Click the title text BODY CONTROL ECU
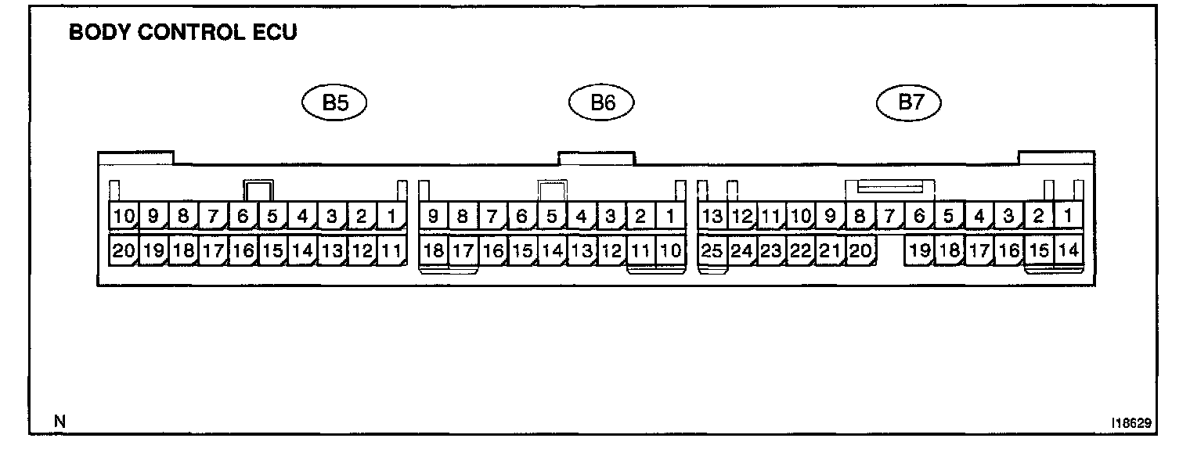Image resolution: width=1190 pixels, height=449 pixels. (x=182, y=34)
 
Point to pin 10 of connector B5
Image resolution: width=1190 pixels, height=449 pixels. (x=123, y=216)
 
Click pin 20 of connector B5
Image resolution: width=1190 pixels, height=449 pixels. (x=123, y=251)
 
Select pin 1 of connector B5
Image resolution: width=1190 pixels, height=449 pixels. (x=391, y=216)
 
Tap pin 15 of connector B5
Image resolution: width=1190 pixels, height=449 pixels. (x=272, y=251)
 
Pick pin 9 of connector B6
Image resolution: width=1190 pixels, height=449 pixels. (x=433, y=216)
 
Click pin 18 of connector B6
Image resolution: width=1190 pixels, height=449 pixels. (x=433, y=251)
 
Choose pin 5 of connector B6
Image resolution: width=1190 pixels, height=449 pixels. (x=552, y=216)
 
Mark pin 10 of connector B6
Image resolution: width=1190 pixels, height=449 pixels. (x=670, y=251)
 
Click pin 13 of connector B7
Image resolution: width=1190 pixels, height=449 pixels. (x=712, y=216)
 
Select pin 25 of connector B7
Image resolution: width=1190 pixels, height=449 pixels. (x=712, y=251)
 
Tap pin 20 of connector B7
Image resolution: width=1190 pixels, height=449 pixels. (x=860, y=251)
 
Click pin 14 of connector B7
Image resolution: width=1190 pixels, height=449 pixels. (x=1068, y=251)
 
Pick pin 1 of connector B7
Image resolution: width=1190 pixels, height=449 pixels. (x=1068, y=216)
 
